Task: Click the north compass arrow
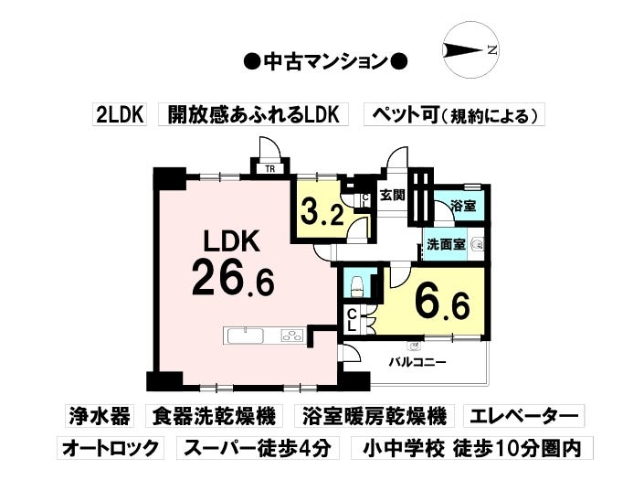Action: tap(463, 50)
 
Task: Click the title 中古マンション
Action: tap(326, 61)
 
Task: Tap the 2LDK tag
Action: tap(120, 114)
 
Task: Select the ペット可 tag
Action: tap(455, 114)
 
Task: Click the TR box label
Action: tap(269, 169)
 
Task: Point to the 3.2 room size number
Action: tap(322, 212)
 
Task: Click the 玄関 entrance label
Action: tap(392, 195)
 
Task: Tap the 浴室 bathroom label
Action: tap(463, 206)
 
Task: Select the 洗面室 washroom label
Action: tap(446, 244)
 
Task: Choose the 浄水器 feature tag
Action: tap(100, 415)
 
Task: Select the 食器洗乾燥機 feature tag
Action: tap(214, 415)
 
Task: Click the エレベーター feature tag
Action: tap(523, 415)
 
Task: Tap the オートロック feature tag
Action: tap(110, 447)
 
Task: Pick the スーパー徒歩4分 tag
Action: tap(258, 447)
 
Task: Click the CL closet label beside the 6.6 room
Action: tap(352, 321)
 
